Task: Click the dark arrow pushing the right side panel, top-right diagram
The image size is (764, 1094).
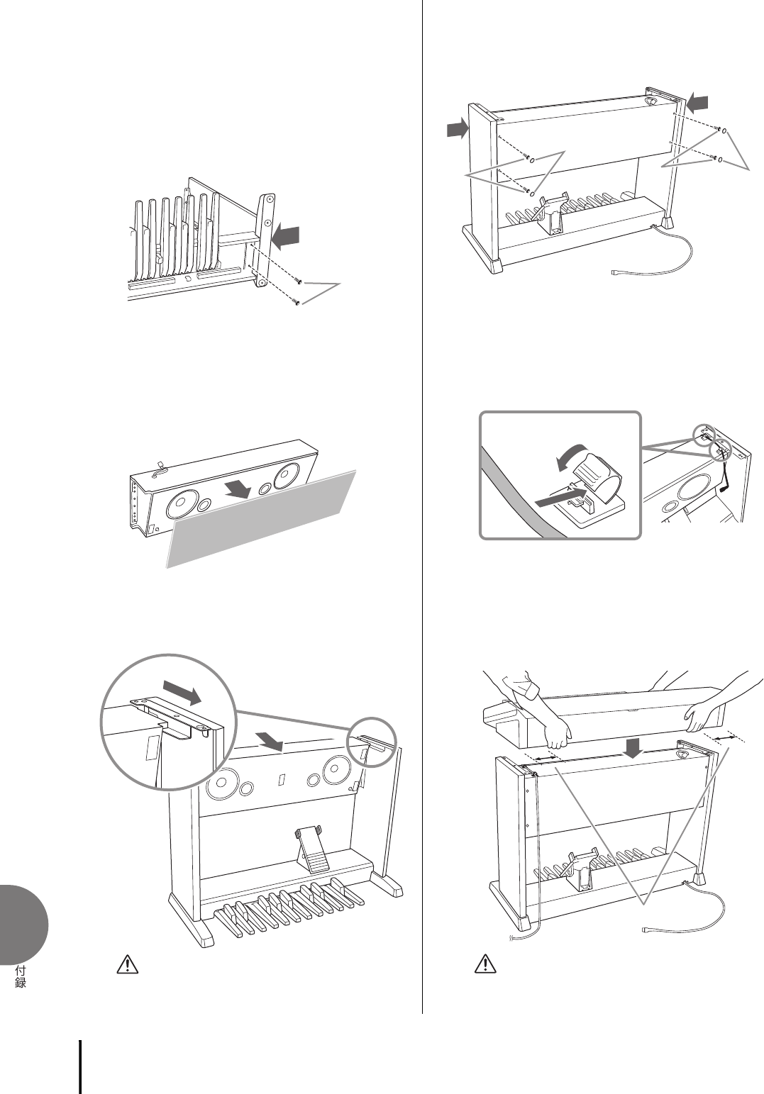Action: [699, 104]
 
